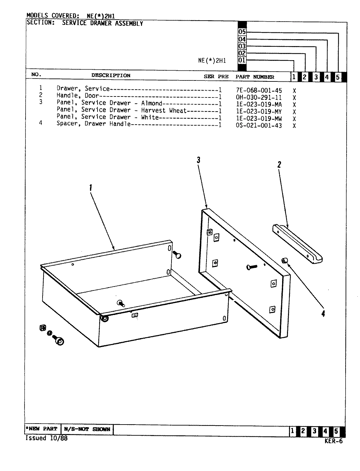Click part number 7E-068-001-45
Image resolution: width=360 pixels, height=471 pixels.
[259, 90]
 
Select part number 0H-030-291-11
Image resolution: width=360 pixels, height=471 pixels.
[259, 97]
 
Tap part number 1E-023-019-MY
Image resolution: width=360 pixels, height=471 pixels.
[259, 112]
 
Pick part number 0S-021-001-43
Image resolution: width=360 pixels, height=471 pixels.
[259, 126]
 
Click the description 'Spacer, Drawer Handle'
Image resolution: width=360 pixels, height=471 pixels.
[94, 124]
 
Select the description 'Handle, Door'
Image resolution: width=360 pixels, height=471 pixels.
[78, 96]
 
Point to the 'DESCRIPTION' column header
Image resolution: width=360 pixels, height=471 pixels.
[111, 76]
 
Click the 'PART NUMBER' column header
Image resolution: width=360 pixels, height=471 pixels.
[255, 77]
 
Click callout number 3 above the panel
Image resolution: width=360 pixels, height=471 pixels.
[198, 160]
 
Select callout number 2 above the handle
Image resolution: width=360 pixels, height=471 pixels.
[279, 165]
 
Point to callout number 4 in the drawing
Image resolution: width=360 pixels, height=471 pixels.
[323, 314]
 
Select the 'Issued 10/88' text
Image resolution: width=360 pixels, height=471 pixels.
[46, 438]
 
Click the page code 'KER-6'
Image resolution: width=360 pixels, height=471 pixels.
[333, 441]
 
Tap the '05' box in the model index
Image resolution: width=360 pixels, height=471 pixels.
[242, 32]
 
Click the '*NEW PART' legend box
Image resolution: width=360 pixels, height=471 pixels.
[42, 429]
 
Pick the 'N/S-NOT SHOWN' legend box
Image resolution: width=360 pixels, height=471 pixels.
[87, 429]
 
